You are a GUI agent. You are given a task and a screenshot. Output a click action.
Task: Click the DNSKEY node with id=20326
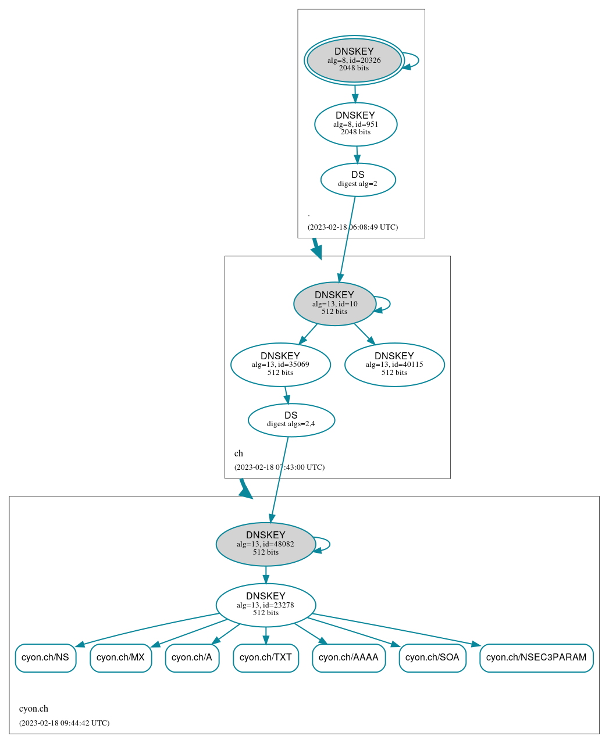[x=354, y=60]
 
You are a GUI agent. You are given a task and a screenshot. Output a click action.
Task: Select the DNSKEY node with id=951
[x=355, y=124]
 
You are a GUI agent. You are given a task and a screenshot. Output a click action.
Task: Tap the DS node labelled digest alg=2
[x=358, y=180]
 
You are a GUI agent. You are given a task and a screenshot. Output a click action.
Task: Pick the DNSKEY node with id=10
[x=334, y=303]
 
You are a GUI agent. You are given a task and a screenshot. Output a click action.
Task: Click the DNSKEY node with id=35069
[x=280, y=365]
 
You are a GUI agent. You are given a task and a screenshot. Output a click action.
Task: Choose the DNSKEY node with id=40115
[x=394, y=365]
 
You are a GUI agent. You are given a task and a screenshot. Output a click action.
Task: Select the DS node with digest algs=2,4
[x=291, y=420]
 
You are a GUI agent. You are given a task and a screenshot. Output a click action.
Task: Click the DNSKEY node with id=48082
[x=265, y=544]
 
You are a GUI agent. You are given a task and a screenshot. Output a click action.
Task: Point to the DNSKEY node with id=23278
[x=265, y=605]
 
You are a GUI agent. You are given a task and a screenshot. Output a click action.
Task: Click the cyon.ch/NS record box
[x=45, y=658]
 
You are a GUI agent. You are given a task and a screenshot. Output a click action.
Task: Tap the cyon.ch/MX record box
[x=120, y=658]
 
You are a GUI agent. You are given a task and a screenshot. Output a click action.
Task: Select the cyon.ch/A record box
[x=192, y=658]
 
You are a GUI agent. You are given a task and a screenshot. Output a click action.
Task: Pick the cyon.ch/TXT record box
[x=266, y=658]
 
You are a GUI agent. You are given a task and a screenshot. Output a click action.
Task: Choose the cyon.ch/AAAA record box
[x=348, y=658]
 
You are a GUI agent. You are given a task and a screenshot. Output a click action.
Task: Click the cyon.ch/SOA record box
[x=432, y=658]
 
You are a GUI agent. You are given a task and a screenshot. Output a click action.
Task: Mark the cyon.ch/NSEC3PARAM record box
[x=536, y=658]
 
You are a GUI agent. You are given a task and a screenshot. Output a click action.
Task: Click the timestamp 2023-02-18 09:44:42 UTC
[x=64, y=723]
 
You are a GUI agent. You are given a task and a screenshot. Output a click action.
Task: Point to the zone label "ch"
[x=238, y=453]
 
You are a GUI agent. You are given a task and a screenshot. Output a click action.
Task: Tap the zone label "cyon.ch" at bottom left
[x=34, y=709]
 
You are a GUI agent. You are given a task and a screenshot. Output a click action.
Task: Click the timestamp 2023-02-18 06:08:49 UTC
[x=352, y=227]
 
